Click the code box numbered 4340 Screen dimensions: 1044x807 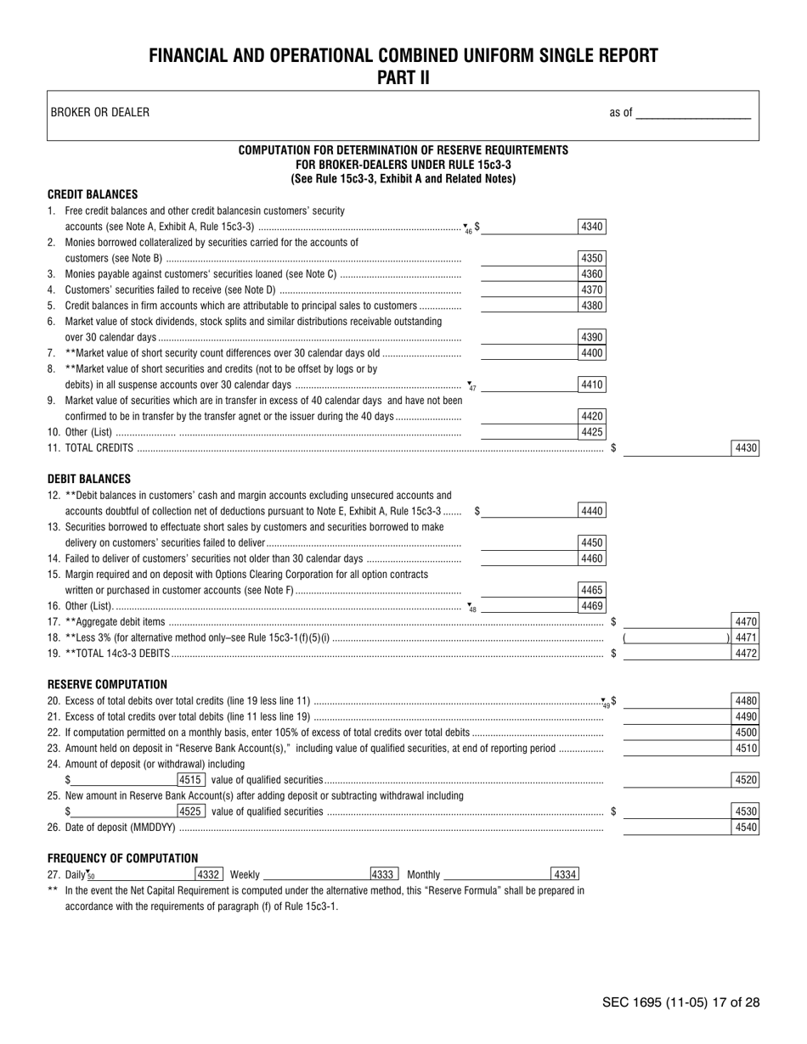pyautogui.click(x=591, y=227)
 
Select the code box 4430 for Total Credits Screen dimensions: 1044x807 pyautogui.click(x=745, y=448)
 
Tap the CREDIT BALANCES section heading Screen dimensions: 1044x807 pyautogui.click(x=93, y=194)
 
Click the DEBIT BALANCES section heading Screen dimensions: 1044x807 pyautogui.click(x=89, y=479)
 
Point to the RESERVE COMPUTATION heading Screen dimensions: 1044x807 pyautogui.click(x=107, y=684)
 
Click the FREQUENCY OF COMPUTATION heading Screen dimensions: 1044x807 pyautogui.click(x=122, y=858)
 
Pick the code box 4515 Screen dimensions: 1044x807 pyautogui.click(x=191, y=779)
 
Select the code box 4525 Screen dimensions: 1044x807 pyautogui.click(x=191, y=811)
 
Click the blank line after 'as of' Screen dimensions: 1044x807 pyautogui.click(x=693, y=112)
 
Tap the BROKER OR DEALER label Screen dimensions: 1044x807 pyautogui.click(x=100, y=112)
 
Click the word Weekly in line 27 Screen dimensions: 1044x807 pyautogui.click(x=245, y=874)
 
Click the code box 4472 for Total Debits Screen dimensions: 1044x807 pyautogui.click(x=745, y=654)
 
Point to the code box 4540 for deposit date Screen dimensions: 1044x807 pyautogui.click(x=745, y=828)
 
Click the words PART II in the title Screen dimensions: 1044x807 pyautogui.click(x=403, y=78)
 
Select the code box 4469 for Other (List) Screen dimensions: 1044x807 pyautogui.click(x=591, y=606)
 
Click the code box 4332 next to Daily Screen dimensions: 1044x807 pyautogui.click(x=208, y=874)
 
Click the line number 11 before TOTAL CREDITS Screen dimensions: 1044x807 pyautogui.click(x=54, y=448)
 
